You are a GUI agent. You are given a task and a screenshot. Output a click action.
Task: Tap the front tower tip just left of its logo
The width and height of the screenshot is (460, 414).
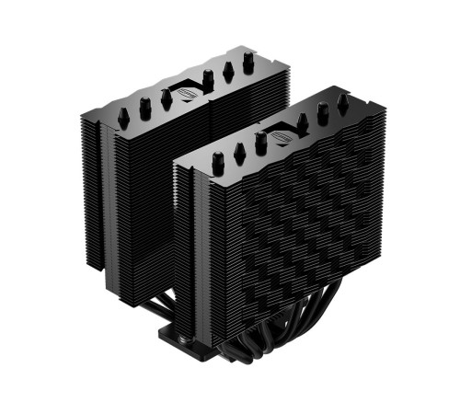click(261, 141)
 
